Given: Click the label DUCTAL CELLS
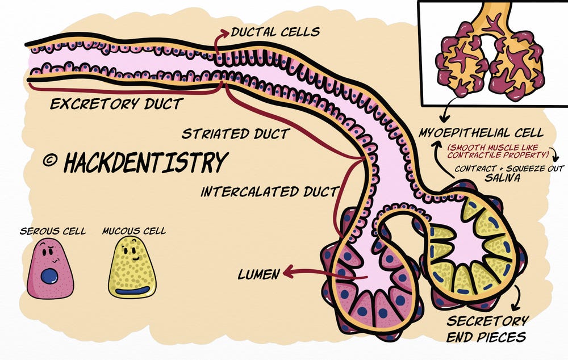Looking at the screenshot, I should click(275, 32).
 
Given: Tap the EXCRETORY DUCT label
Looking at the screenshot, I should click(116, 104).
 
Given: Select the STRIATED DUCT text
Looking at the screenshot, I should click(236, 134).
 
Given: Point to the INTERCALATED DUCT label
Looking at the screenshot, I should click(269, 191).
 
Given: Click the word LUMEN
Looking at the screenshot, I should click(259, 275).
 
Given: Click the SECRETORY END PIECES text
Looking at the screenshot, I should click(489, 329).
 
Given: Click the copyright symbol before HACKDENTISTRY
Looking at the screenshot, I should click(51, 161).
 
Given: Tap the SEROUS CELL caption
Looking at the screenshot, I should click(53, 231).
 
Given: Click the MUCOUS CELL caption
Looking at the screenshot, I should click(134, 231).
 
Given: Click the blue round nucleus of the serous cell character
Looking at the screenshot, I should click(49, 277).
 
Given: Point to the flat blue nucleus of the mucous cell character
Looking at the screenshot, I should click(132, 291).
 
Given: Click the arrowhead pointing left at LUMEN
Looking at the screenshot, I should click(287, 273).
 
